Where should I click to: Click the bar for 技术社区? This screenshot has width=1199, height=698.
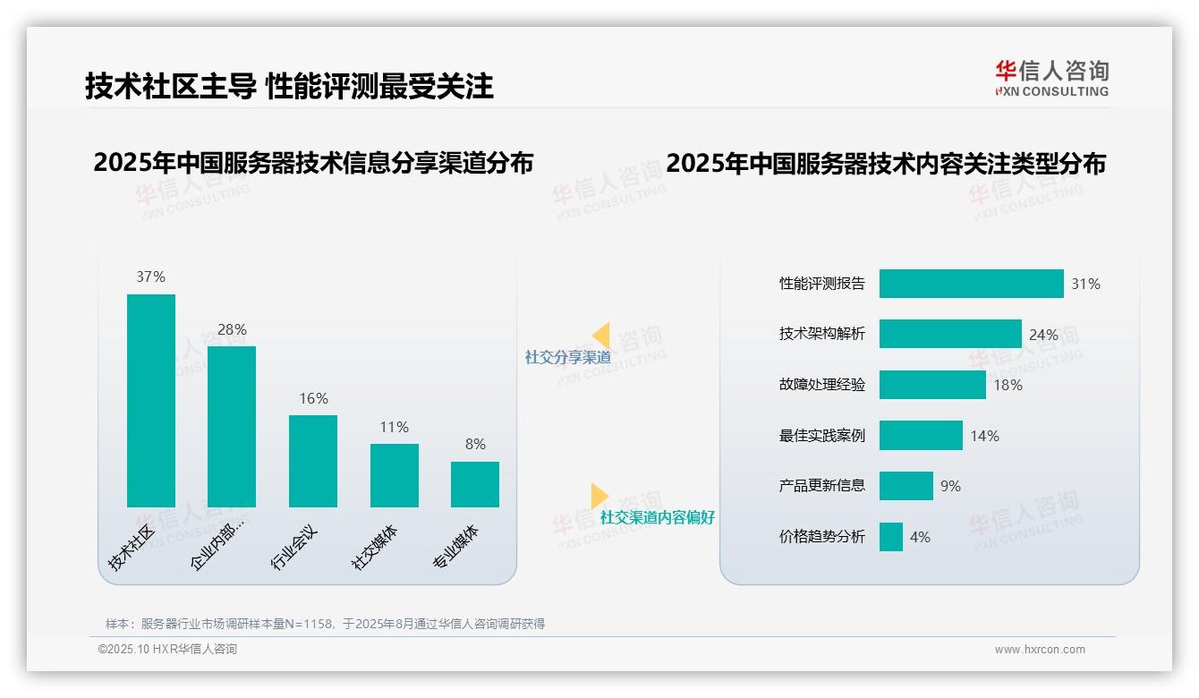(151, 401)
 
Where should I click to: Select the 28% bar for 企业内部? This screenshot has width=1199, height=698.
(232, 427)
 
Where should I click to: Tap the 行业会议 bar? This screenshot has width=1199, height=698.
(313, 461)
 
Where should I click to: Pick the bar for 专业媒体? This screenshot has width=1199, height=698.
(475, 484)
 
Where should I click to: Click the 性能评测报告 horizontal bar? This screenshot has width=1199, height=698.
(971, 284)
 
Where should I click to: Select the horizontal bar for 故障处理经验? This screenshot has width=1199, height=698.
(932, 385)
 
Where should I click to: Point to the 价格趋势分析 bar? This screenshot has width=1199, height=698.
(891, 537)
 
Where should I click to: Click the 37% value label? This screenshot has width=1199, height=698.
(151, 277)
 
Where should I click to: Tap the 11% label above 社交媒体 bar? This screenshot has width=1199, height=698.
(394, 428)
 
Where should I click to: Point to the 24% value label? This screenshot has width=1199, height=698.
(1043, 335)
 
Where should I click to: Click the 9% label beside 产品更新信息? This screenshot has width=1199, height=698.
(950, 486)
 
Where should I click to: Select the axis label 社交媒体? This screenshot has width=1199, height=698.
(376, 548)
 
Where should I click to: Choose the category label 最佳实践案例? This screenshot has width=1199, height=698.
(822, 436)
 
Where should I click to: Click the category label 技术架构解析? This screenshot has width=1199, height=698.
(822, 335)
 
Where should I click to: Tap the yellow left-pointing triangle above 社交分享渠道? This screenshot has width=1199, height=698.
(601, 336)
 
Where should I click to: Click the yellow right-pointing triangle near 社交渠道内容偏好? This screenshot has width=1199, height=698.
(599, 496)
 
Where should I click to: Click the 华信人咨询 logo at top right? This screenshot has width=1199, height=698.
(1052, 78)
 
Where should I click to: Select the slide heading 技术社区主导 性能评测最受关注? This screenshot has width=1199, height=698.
(289, 87)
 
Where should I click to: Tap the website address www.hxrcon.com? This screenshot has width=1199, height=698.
(1040, 650)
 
